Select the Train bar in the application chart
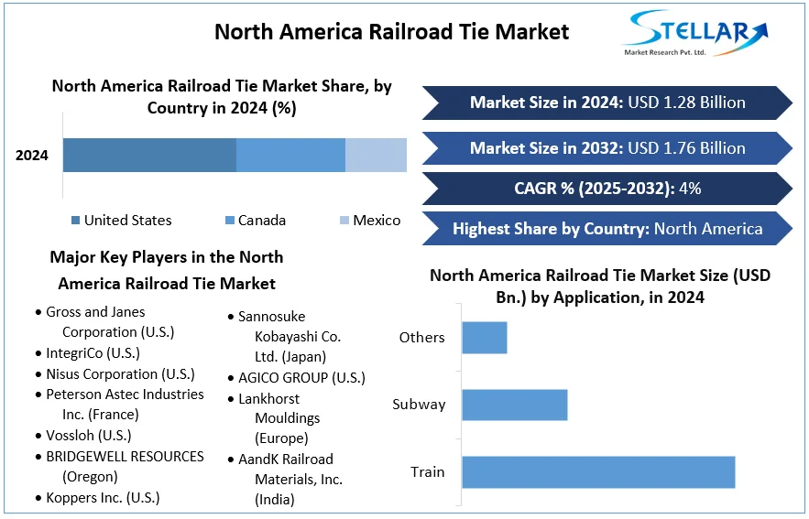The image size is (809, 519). tap(598, 471)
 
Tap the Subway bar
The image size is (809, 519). tap(514, 405)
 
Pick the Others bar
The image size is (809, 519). tap(484, 337)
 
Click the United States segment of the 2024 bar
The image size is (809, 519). tap(149, 155)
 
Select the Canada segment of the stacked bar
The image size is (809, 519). tap(290, 155)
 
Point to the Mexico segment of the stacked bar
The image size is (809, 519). tap(376, 155)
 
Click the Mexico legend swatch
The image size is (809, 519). tap(344, 221)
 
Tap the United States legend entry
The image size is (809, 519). tap(121, 221)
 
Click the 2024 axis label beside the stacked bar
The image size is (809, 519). tap(32, 156)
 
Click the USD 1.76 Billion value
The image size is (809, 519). tap(688, 148)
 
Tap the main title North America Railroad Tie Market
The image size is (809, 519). tap(391, 32)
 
